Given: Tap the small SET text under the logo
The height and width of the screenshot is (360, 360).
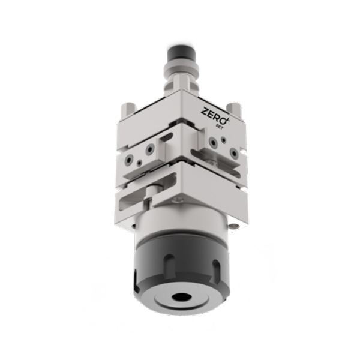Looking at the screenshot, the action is (x=220, y=127).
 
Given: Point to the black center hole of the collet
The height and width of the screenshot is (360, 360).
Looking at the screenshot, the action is (x=182, y=297).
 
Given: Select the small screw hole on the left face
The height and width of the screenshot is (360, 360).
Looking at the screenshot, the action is (x=139, y=163).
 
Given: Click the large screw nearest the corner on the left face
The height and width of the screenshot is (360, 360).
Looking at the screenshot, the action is (x=149, y=149).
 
